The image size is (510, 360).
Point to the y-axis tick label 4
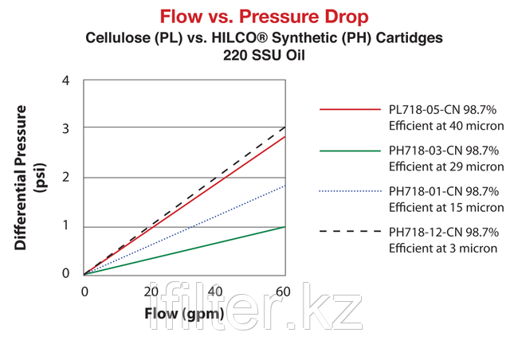65,80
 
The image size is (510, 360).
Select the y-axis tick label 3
65,128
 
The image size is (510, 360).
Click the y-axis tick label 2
65,178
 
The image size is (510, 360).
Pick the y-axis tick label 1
65,226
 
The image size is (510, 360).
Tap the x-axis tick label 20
151,292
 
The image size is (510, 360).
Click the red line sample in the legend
351,108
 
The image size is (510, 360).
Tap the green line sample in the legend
351,149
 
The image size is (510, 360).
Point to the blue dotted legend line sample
351,191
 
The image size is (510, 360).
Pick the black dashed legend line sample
351,232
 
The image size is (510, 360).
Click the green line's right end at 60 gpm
284,226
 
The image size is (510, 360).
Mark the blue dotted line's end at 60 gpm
284,186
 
